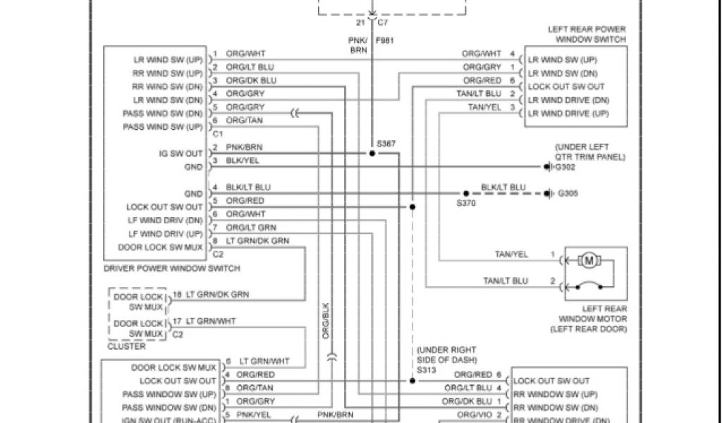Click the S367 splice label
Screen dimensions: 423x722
pos(386,144)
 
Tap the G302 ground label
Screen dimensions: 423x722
pos(566,167)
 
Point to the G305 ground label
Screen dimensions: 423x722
pos(567,193)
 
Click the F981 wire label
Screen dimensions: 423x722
pos(384,41)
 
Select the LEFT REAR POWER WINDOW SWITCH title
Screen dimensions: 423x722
pos(587,35)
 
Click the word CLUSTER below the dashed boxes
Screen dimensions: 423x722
pos(126,346)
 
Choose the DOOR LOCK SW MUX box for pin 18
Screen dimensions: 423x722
pos(138,302)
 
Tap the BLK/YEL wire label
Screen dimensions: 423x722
pos(243,161)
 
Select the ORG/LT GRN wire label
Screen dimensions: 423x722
pos(251,228)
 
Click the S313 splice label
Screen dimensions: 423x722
pos(427,369)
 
